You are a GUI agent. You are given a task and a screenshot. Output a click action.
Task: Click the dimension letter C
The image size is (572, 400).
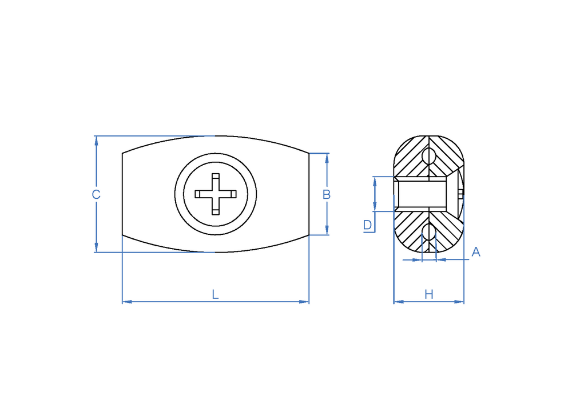click(96, 194)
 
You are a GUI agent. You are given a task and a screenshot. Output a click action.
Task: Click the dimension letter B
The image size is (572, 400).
click(327, 194)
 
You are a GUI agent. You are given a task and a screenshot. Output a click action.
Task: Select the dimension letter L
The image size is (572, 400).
click(215, 294)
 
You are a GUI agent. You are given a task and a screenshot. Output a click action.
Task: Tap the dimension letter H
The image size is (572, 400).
click(429, 294)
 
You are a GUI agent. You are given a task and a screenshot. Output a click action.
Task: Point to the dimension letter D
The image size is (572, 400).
click(367, 225)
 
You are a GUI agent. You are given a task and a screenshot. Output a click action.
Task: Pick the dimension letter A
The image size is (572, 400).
click(476, 252)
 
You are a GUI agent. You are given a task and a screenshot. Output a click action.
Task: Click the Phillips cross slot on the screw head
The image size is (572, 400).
click(216, 194)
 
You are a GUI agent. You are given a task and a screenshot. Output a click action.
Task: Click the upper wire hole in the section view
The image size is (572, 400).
click(429, 156)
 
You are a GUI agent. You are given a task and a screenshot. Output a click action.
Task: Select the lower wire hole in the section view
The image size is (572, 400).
click(429, 232)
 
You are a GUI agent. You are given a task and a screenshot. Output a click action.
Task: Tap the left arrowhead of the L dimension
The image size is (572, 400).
click(127, 302)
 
